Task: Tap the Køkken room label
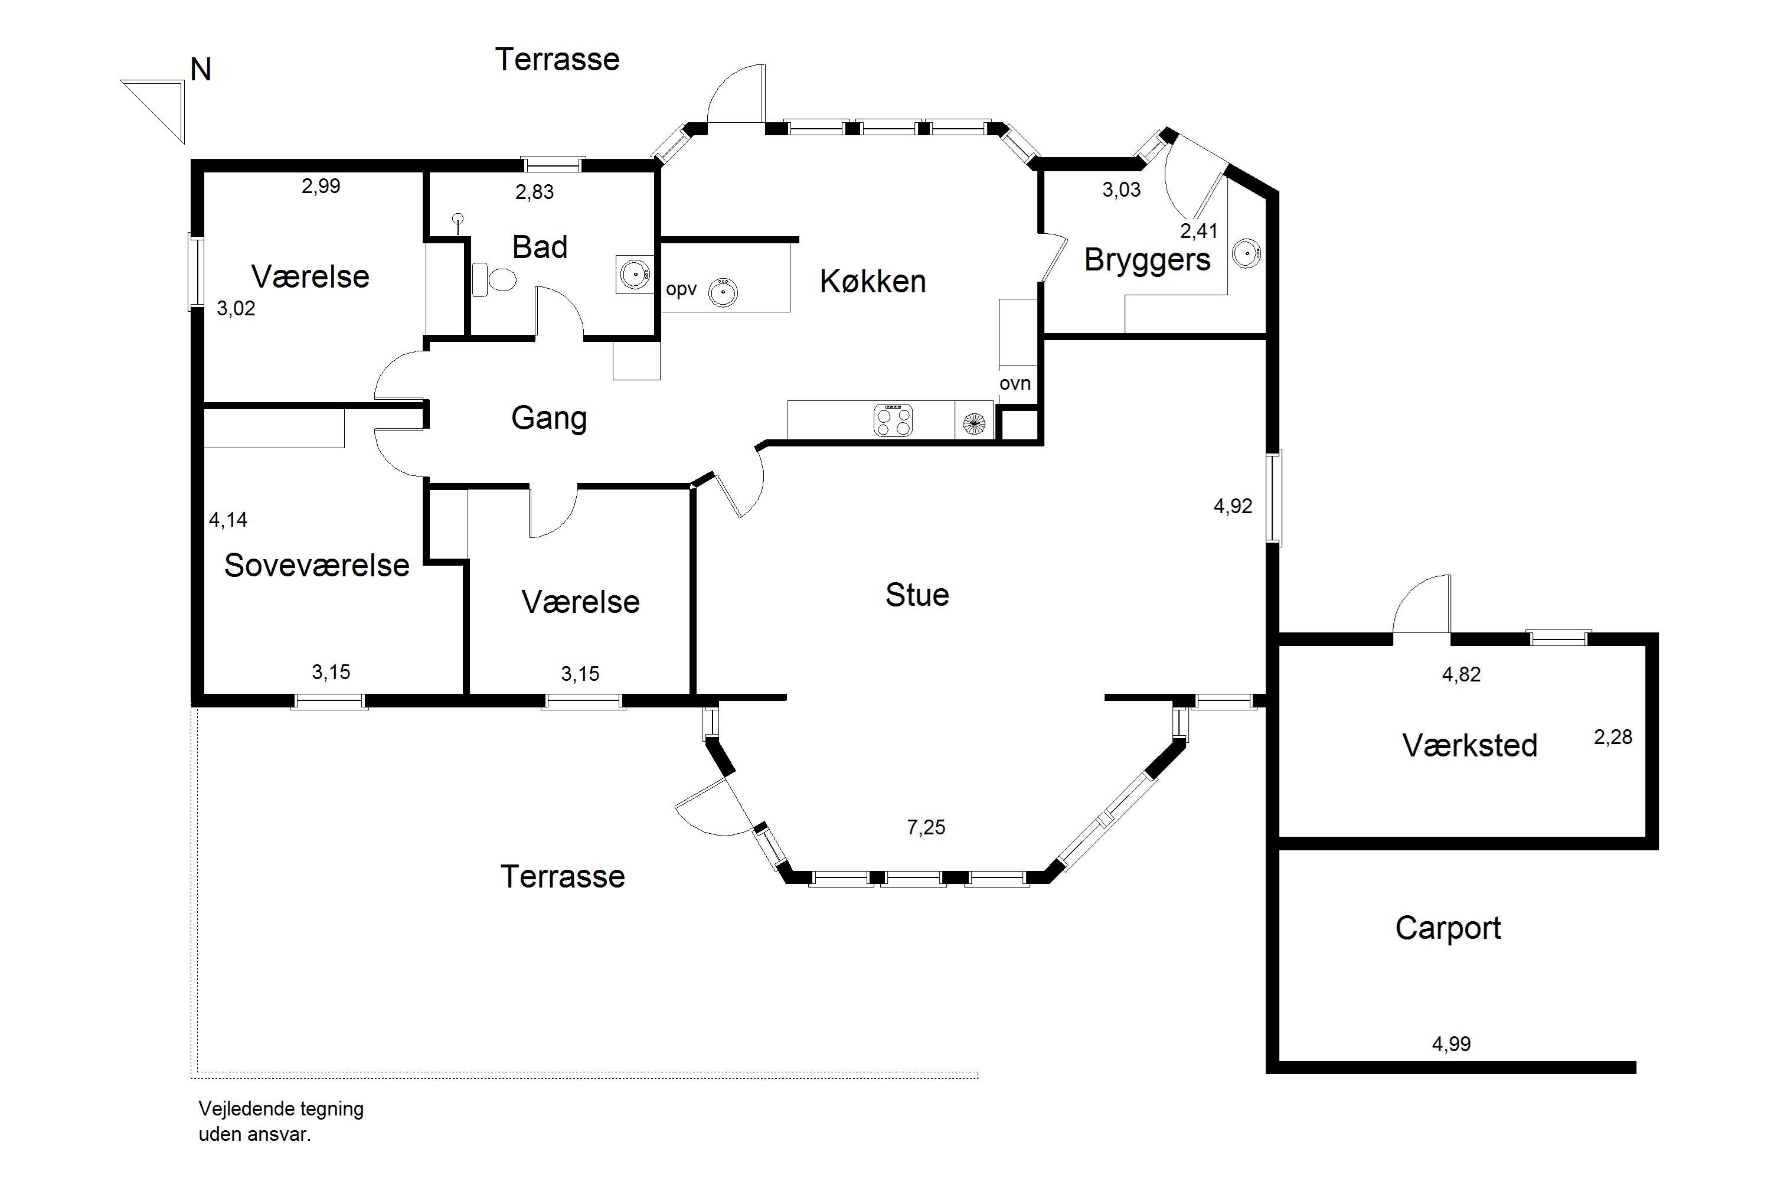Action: (x=873, y=282)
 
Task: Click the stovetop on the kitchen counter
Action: (x=893, y=420)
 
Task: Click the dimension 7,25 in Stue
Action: (x=926, y=828)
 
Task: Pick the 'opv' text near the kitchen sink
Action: (x=681, y=290)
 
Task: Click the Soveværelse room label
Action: (x=317, y=566)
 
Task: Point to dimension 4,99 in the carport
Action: (x=1451, y=1044)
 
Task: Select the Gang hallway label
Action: (x=549, y=419)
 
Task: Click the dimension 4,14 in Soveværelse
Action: (x=228, y=520)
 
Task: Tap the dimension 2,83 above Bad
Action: (x=535, y=192)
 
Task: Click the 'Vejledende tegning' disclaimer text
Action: (x=281, y=1109)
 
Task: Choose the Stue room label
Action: (x=917, y=596)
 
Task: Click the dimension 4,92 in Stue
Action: (x=1233, y=506)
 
